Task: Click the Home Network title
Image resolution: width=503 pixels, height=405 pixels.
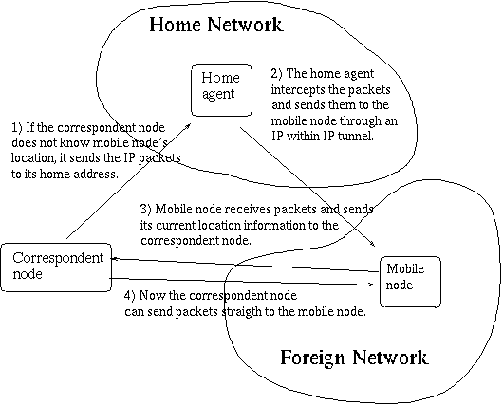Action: point(215,25)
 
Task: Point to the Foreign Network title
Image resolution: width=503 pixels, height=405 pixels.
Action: point(354,358)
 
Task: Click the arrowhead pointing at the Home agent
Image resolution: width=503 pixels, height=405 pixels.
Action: point(188,126)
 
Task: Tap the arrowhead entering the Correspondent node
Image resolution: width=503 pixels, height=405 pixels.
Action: point(114,258)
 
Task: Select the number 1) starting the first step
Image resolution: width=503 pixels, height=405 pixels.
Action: point(17,128)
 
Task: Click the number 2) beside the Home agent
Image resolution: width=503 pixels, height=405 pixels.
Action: point(276,73)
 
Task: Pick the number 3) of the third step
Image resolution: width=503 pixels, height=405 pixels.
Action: point(145,209)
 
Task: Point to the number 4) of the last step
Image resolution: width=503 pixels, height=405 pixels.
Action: point(130,295)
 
